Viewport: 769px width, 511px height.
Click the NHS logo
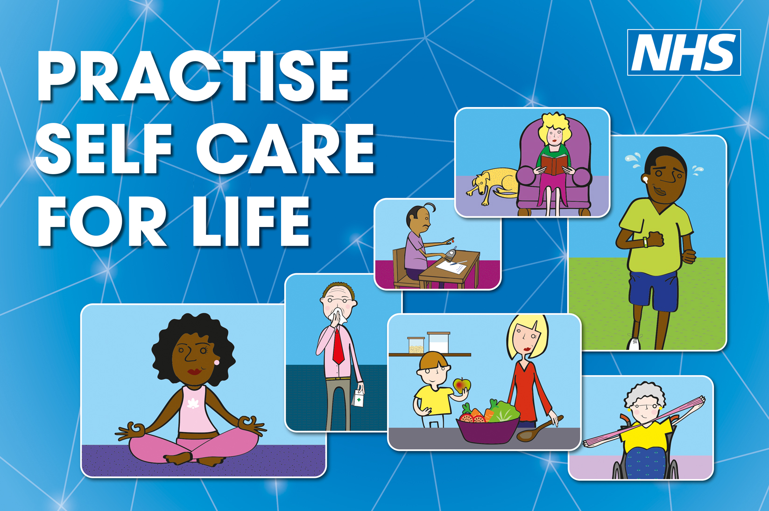[x=684, y=52]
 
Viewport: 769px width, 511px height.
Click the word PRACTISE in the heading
[x=193, y=76]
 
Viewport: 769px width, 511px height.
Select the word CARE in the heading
[x=285, y=149]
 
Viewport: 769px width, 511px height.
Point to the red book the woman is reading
[x=554, y=164]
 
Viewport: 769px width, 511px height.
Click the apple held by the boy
[x=462, y=385]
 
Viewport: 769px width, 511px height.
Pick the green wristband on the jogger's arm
[x=645, y=242]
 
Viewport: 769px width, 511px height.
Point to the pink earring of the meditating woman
[x=217, y=362]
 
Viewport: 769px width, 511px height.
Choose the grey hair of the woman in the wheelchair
[x=644, y=394]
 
